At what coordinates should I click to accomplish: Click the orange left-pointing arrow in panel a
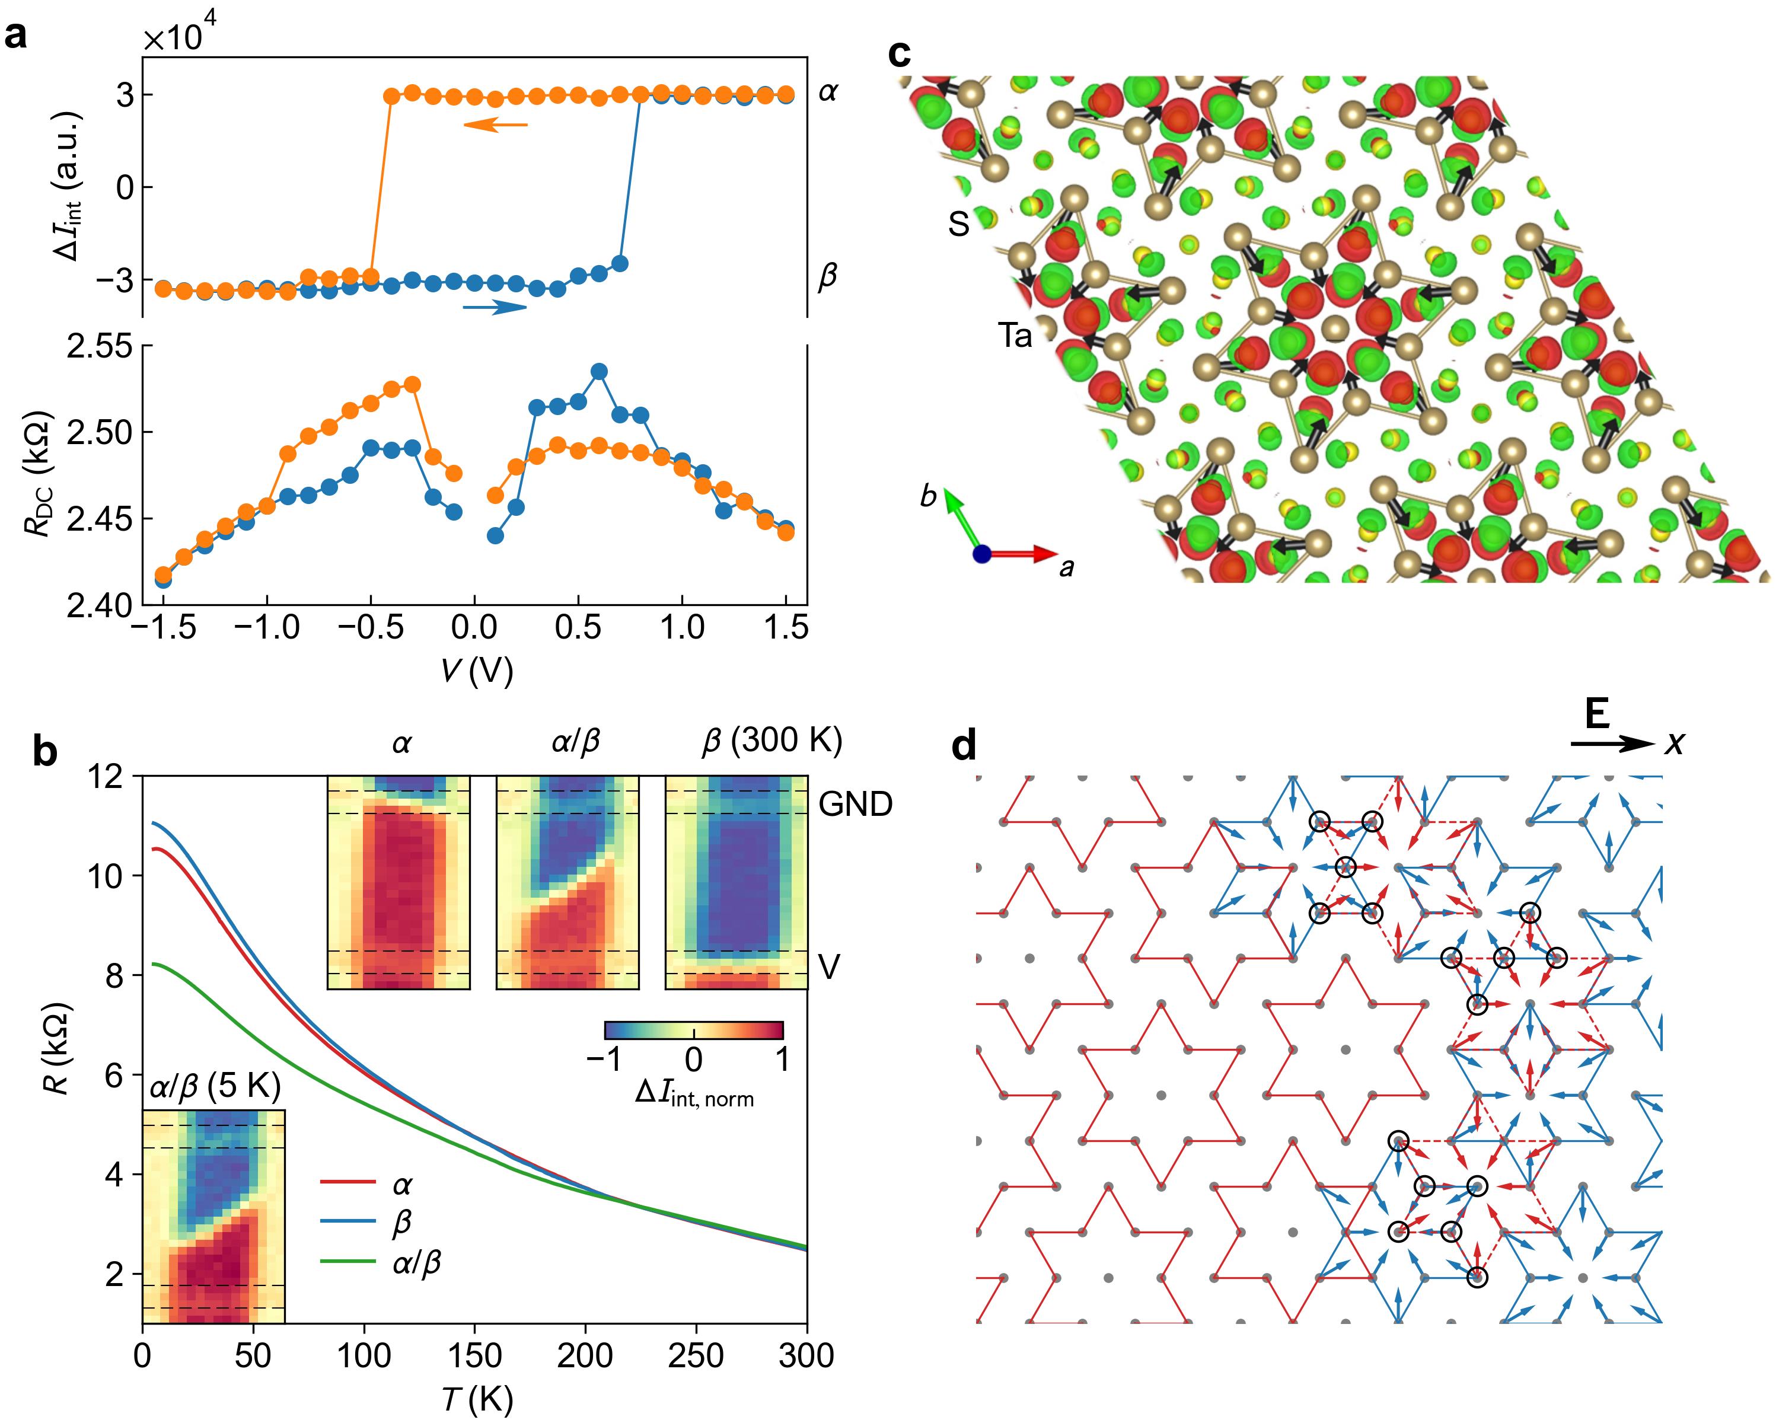click(495, 125)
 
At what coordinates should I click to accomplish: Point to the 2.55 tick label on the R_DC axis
click(100, 345)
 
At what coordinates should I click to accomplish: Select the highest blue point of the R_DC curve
click(600, 371)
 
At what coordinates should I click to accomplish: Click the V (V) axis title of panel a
click(476, 671)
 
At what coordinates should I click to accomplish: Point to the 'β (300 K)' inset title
click(772, 742)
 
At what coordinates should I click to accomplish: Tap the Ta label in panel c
click(1015, 336)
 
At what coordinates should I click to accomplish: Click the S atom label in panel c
click(958, 223)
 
